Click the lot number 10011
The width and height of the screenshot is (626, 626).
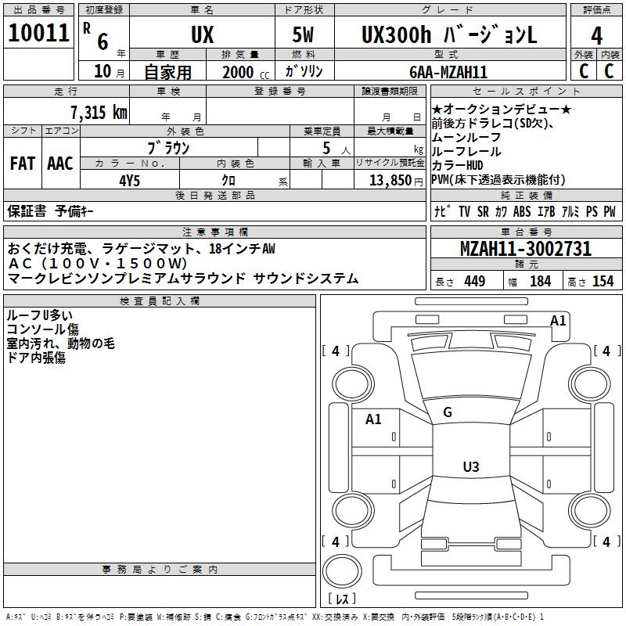coord(39,34)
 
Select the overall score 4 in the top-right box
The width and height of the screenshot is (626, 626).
coord(596,36)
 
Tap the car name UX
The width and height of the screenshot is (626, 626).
coord(202,36)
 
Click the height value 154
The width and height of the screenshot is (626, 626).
coord(603,281)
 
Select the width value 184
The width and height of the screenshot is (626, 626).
coord(540,281)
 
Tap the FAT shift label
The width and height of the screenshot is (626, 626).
coord(22,164)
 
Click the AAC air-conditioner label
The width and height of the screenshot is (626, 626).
coord(60,164)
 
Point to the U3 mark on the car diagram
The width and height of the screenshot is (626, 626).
coord(470,467)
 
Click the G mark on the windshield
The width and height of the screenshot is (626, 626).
coord(448,412)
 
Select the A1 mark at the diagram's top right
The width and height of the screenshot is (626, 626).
coord(558,320)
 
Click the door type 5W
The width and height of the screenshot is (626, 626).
coord(304,36)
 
